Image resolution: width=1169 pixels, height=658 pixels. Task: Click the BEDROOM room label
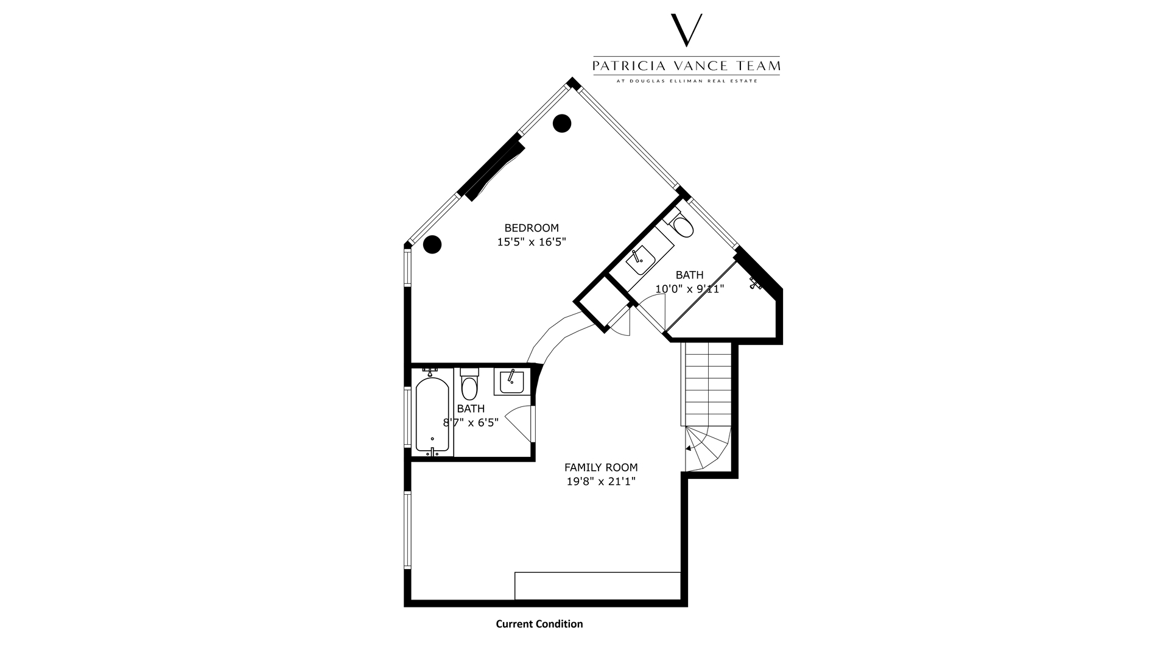532,228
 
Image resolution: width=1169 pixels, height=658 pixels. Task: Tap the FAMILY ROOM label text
601,467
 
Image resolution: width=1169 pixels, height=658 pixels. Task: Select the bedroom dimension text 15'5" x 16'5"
532,242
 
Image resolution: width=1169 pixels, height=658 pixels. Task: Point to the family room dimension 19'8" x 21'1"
601,481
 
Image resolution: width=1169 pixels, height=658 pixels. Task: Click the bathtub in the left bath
432,416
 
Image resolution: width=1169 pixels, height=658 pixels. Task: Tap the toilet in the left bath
469,383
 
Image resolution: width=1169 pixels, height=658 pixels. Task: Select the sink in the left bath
511,382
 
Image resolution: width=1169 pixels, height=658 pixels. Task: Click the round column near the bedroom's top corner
562,123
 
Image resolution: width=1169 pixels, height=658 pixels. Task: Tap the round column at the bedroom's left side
432,244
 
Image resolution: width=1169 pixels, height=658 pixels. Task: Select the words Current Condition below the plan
539,624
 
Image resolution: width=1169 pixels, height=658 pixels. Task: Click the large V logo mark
686,30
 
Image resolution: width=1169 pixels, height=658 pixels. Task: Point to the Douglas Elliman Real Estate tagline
687,80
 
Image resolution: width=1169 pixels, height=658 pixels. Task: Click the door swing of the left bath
518,423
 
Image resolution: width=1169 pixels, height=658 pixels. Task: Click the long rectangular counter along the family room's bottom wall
597,585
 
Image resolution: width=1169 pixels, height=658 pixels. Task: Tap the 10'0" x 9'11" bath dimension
689,289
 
